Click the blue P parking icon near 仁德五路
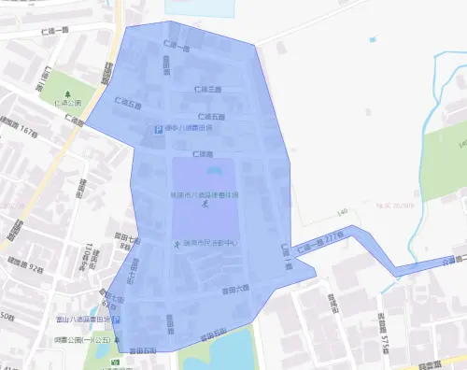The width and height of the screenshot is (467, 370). pos(159,130)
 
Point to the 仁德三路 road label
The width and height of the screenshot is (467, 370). pos(207,90)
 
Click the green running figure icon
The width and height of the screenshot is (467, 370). pos(176,244)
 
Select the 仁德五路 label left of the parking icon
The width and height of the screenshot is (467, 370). pos(130,102)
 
